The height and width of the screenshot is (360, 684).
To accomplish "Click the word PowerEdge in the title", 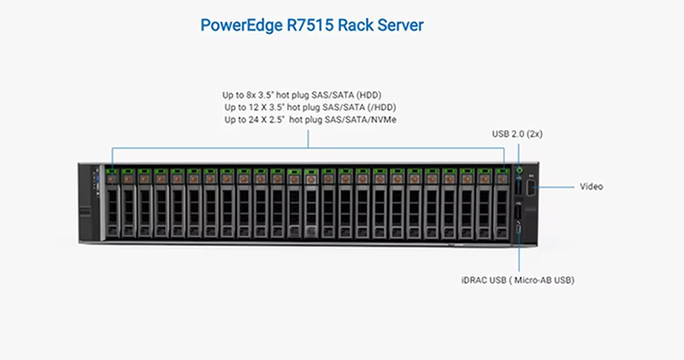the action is pyautogui.click(x=241, y=26).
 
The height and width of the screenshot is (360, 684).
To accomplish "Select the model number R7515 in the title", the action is pyautogui.click(x=310, y=25).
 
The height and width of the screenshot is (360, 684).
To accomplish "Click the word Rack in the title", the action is pyautogui.click(x=356, y=25).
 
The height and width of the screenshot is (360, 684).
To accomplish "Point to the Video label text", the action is pyautogui.click(x=591, y=186).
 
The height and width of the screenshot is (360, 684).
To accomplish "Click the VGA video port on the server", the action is pyautogui.click(x=530, y=188).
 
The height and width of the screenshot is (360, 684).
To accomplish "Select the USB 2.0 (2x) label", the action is pyautogui.click(x=517, y=134).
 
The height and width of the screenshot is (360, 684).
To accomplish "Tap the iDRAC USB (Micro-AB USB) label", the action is pyautogui.click(x=518, y=280).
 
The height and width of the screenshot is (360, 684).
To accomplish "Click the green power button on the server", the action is pyautogui.click(x=519, y=170).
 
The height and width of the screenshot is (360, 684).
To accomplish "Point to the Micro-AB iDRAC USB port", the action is pyautogui.click(x=519, y=228).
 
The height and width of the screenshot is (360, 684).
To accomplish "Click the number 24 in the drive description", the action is pyautogui.click(x=253, y=120).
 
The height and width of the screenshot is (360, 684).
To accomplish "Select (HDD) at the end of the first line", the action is pyautogui.click(x=369, y=95).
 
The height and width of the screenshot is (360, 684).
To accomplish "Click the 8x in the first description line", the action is pyautogui.click(x=251, y=95).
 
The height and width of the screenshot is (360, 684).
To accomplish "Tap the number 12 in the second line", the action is pyautogui.click(x=253, y=108).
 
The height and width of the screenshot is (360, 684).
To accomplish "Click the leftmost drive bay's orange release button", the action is pyautogui.click(x=112, y=179).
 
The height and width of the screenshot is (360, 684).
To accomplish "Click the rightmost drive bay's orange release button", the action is pyautogui.click(x=502, y=179).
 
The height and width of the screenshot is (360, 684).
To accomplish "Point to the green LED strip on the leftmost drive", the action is pyautogui.click(x=112, y=171).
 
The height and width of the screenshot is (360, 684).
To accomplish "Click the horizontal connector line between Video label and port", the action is pyautogui.click(x=554, y=187).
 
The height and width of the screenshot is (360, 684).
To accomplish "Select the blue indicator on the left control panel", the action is pyautogui.click(x=97, y=179).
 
